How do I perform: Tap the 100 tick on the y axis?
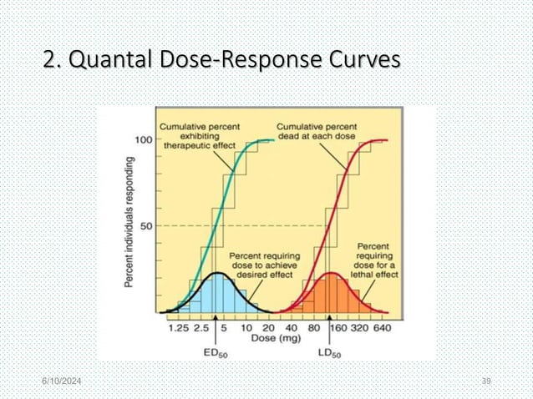point(144,140)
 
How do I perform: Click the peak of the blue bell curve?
point(216,273)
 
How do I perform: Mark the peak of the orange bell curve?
point(330,273)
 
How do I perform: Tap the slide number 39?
point(485,381)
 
